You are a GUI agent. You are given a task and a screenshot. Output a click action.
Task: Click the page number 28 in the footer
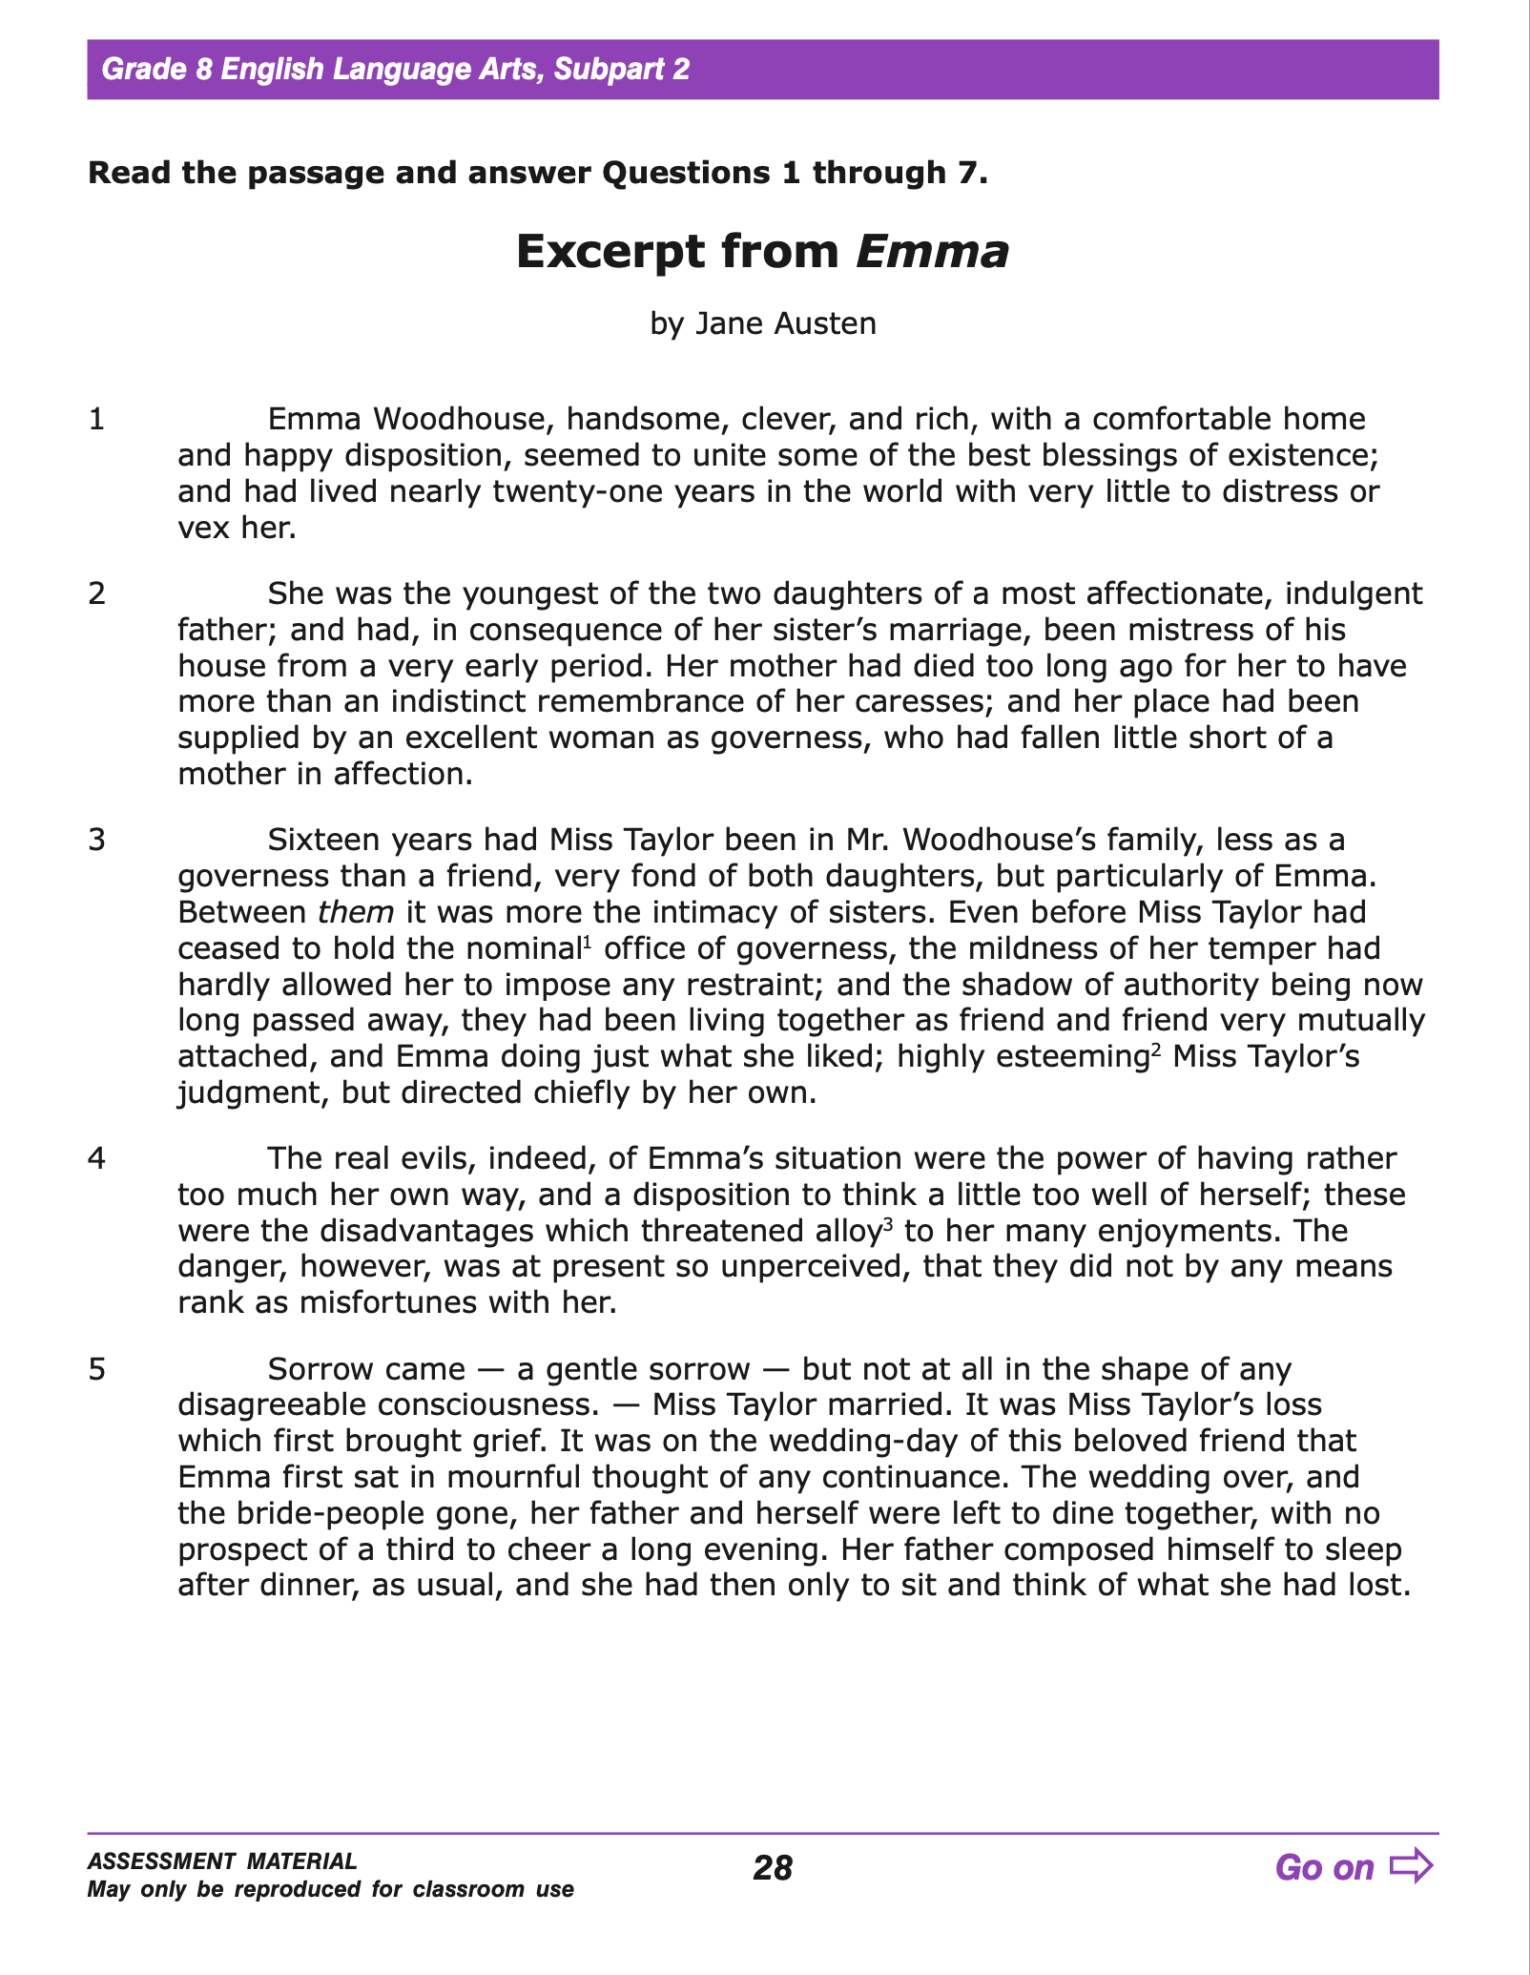(772, 1867)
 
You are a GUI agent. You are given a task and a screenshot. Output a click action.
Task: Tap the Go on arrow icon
(1411, 1865)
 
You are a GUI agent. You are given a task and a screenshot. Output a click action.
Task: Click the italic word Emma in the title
(932, 252)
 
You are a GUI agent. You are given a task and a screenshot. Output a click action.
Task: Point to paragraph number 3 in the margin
(96, 841)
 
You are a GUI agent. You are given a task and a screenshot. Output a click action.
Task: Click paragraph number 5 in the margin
(96, 1370)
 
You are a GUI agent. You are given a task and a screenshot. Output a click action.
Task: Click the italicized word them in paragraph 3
(356, 912)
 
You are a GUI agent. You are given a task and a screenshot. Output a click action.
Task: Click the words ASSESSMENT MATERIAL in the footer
(222, 1861)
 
